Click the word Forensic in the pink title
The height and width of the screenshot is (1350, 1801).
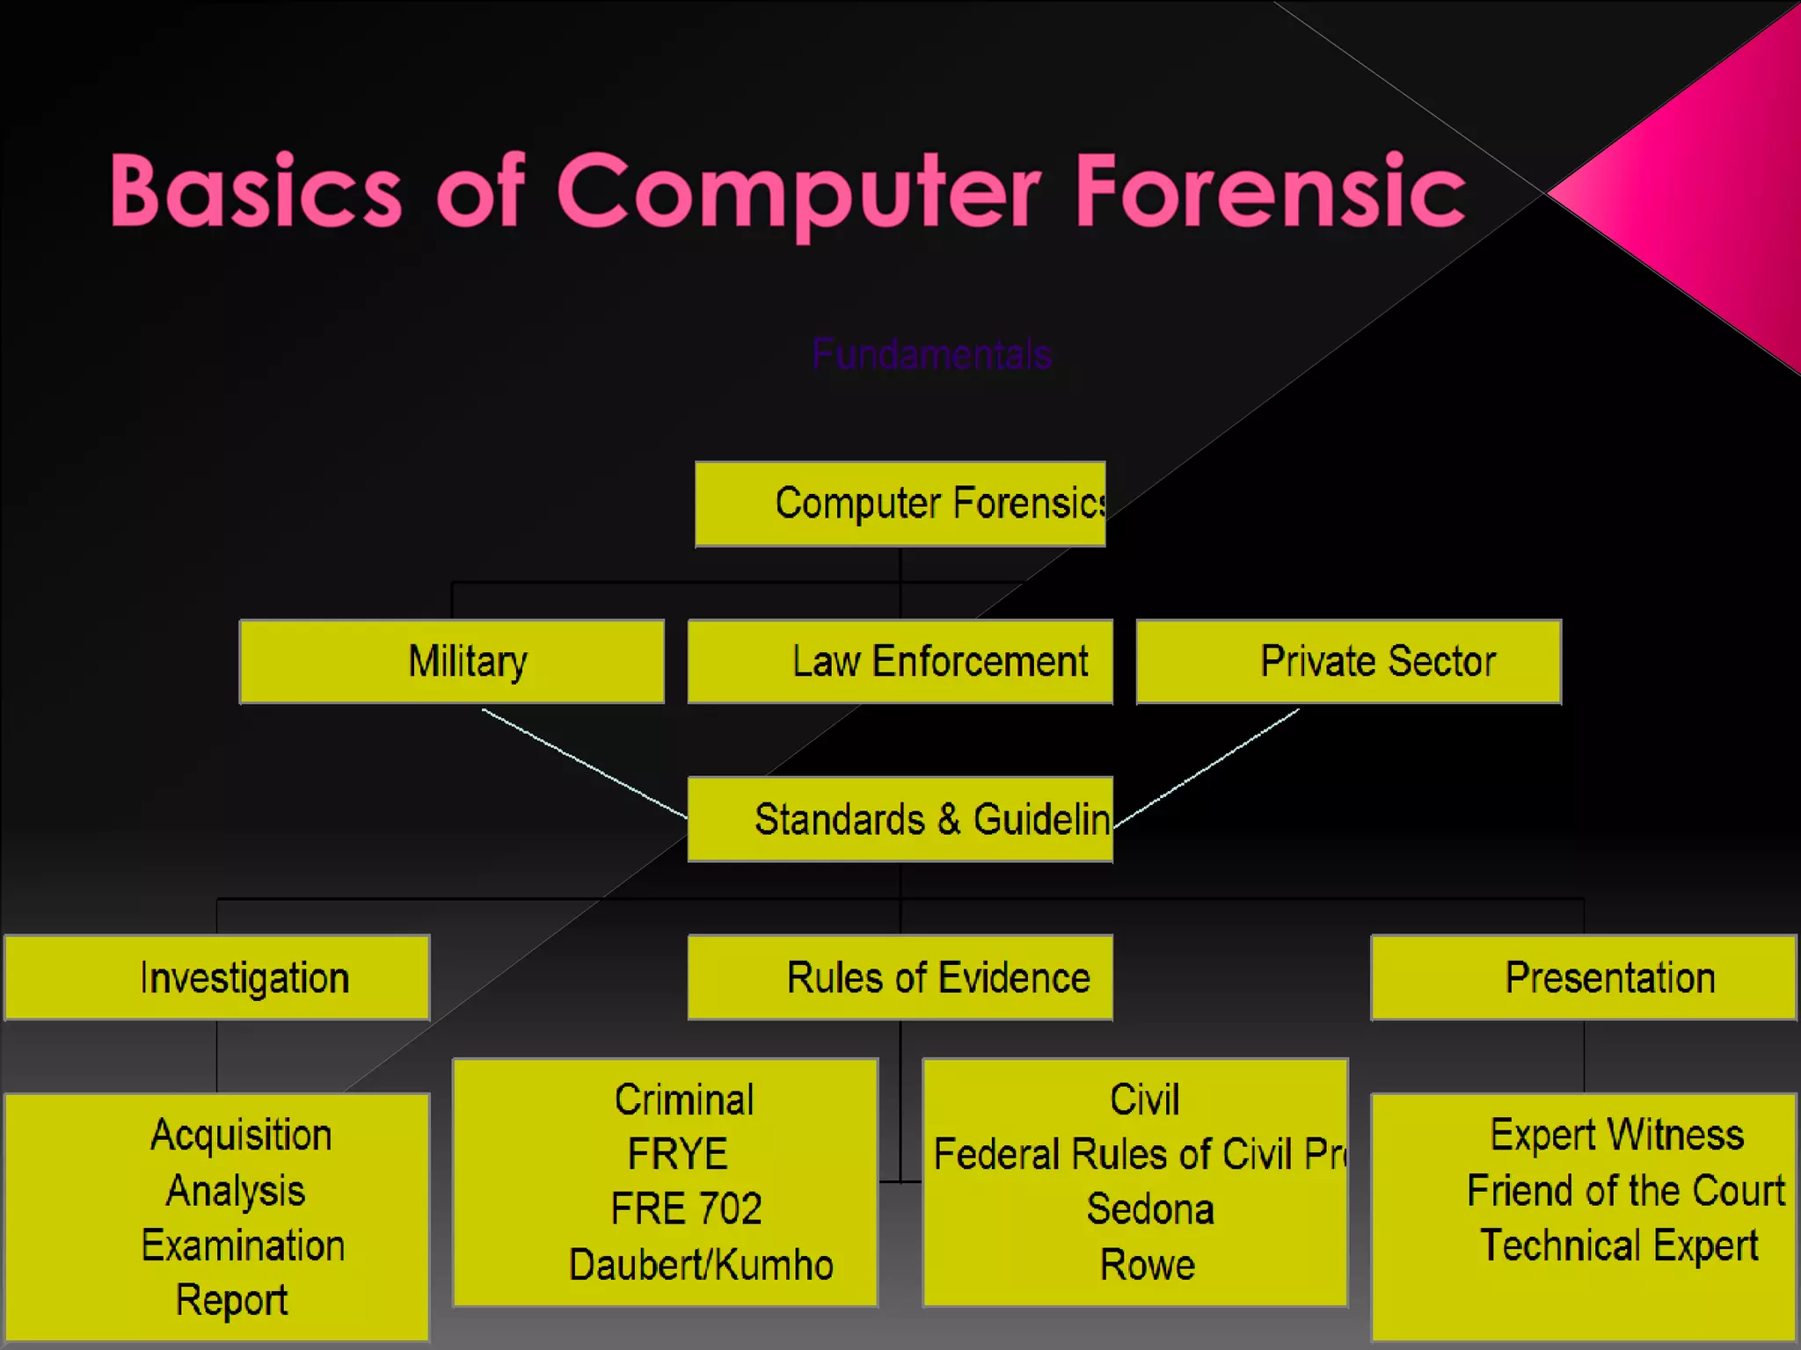[x=1269, y=191]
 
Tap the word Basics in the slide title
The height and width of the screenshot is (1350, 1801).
[x=256, y=191]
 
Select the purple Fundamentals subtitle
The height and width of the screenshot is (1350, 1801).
[x=931, y=355]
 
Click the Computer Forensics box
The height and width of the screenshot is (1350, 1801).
[x=900, y=504]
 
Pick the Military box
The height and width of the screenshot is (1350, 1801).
[x=451, y=661]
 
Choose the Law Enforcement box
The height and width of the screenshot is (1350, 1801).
[x=900, y=661]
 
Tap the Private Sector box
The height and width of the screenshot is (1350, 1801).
[x=1348, y=661]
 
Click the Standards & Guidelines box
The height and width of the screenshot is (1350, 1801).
[x=900, y=819]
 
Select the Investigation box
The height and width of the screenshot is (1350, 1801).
[x=217, y=977]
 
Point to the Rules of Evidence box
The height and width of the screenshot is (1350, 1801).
[x=900, y=977]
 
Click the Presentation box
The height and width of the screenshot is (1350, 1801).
[x=1583, y=977]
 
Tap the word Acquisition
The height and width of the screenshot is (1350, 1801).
[x=241, y=1135]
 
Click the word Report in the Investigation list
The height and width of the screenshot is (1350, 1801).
[x=231, y=1300]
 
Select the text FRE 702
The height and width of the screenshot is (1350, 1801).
[x=686, y=1209]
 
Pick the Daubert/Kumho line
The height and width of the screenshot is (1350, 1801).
[x=701, y=1265]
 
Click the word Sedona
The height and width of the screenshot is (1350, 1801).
[x=1150, y=1209]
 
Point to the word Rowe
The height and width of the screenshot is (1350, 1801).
[x=1148, y=1265]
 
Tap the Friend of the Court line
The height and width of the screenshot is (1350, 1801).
[x=1626, y=1191]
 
